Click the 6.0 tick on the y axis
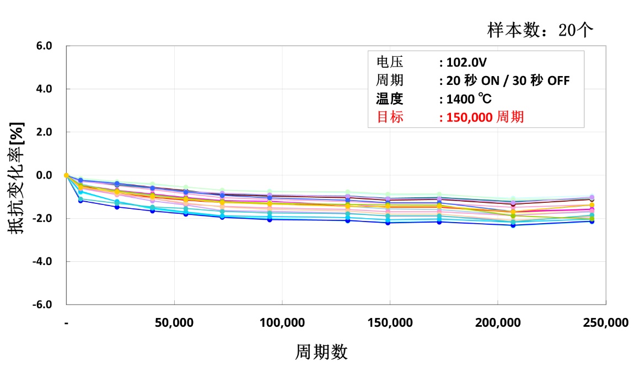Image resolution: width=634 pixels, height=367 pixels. click(45, 46)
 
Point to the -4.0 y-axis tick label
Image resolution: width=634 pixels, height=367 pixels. click(43, 261)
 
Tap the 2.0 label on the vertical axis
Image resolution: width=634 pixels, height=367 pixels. click(45, 132)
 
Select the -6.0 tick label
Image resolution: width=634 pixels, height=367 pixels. click(43, 304)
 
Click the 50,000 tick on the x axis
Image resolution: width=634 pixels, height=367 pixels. click(174, 323)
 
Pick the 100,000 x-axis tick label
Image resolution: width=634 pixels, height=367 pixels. click(282, 323)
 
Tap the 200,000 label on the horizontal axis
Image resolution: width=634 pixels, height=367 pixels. click(498, 323)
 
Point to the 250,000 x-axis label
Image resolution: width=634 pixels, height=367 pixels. click(605, 323)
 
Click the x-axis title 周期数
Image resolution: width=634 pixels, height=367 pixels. click(322, 352)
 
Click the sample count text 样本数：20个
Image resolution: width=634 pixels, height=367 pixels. click(540, 29)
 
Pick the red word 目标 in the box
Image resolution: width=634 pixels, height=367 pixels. click(390, 117)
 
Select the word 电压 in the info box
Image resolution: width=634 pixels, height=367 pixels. click(390, 62)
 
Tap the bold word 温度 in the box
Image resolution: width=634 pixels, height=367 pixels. click(390, 99)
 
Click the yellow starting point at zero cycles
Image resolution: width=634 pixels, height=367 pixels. click(66, 175)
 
